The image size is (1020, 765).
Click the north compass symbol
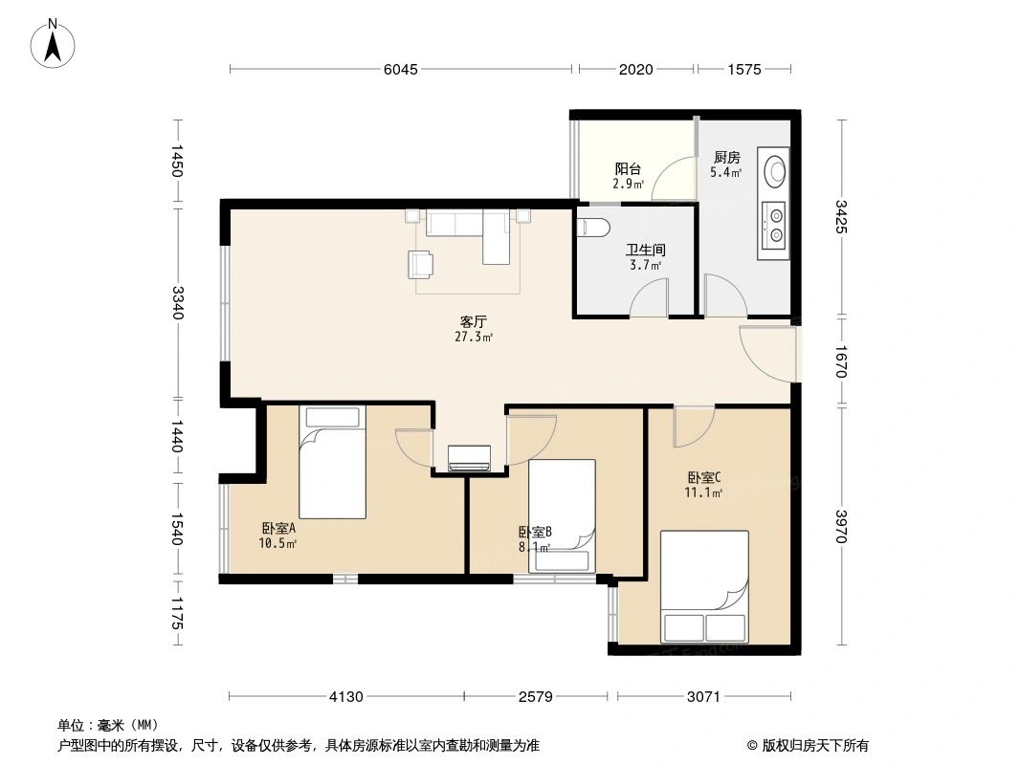coord(55,43)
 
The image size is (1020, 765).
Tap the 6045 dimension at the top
coord(400,69)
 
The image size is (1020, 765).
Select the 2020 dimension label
coord(636,69)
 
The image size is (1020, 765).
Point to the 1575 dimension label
coord(743,69)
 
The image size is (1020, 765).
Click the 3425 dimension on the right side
coord(840,217)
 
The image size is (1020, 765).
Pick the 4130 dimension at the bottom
coord(346,696)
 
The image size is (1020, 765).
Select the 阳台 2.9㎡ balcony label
coord(629,176)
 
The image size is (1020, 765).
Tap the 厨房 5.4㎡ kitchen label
coord(726,164)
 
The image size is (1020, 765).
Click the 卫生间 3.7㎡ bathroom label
coord(645,257)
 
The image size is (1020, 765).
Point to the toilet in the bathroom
coord(594,227)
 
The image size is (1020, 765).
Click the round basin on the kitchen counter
coord(774,171)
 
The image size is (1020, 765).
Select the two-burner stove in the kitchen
coord(774,222)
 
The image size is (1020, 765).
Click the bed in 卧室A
coord(332,461)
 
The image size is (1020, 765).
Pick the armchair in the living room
coord(419,263)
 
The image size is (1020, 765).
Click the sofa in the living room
coord(457,224)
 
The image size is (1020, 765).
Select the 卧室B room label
coord(534,539)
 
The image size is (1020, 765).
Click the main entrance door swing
coord(769,353)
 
